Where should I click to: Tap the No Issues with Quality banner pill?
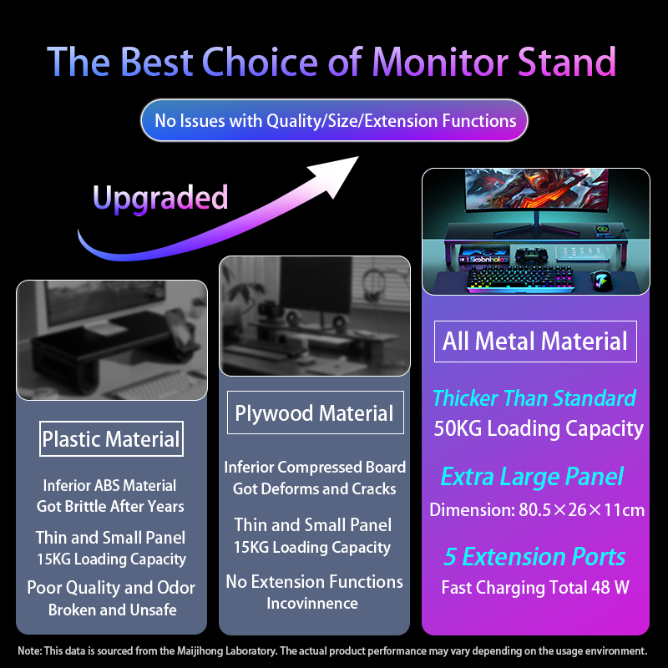click(x=335, y=121)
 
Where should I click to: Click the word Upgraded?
click(x=160, y=198)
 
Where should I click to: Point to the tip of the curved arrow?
click(x=355, y=159)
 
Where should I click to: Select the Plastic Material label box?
click(x=111, y=439)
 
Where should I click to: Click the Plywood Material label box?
click(x=314, y=413)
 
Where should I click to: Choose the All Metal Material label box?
click(x=535, y=341)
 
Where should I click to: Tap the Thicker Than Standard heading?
click(x=534, y=398)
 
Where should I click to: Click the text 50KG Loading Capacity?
click(x=539, y=429)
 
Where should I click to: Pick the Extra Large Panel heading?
click(x=532, y=477)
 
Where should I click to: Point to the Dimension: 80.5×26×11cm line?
click(x=537, y=509)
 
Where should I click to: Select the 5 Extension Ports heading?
click(x=534, y=557)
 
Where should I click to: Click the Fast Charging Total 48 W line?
click(x=535, y=587)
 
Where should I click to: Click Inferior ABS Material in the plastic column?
click(x=110, y=485)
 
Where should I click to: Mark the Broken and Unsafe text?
click(x=112, y=610)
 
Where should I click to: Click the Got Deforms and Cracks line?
click(x=314, y=488)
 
